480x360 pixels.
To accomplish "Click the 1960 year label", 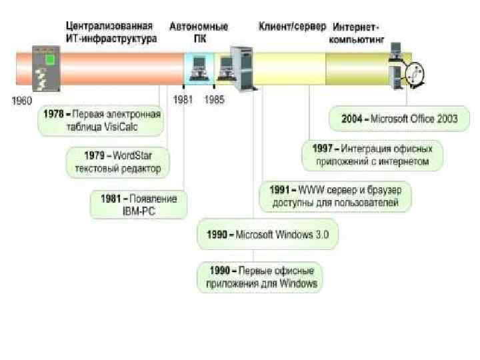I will pos(22,101).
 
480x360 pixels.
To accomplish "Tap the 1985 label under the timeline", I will pos(214,99).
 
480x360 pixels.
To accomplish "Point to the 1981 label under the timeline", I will pos(183,99).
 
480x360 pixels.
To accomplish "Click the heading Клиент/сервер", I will pos(292,27).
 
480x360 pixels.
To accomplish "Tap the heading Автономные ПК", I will pos(198,33).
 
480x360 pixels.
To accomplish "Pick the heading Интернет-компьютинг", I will pos(357,33).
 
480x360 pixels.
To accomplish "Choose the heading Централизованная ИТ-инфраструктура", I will pos(111,33).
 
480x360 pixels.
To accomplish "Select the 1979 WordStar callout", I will pos(118,162).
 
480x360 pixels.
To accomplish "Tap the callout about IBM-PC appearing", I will pos(139,205).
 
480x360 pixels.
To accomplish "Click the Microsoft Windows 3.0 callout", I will pos(267,235).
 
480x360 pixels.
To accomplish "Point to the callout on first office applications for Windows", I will pos(259,277).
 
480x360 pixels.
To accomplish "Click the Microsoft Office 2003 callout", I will pos(399,119).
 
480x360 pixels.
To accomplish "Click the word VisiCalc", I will pos(120,126).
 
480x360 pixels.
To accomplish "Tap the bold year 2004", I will pos(351,119).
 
